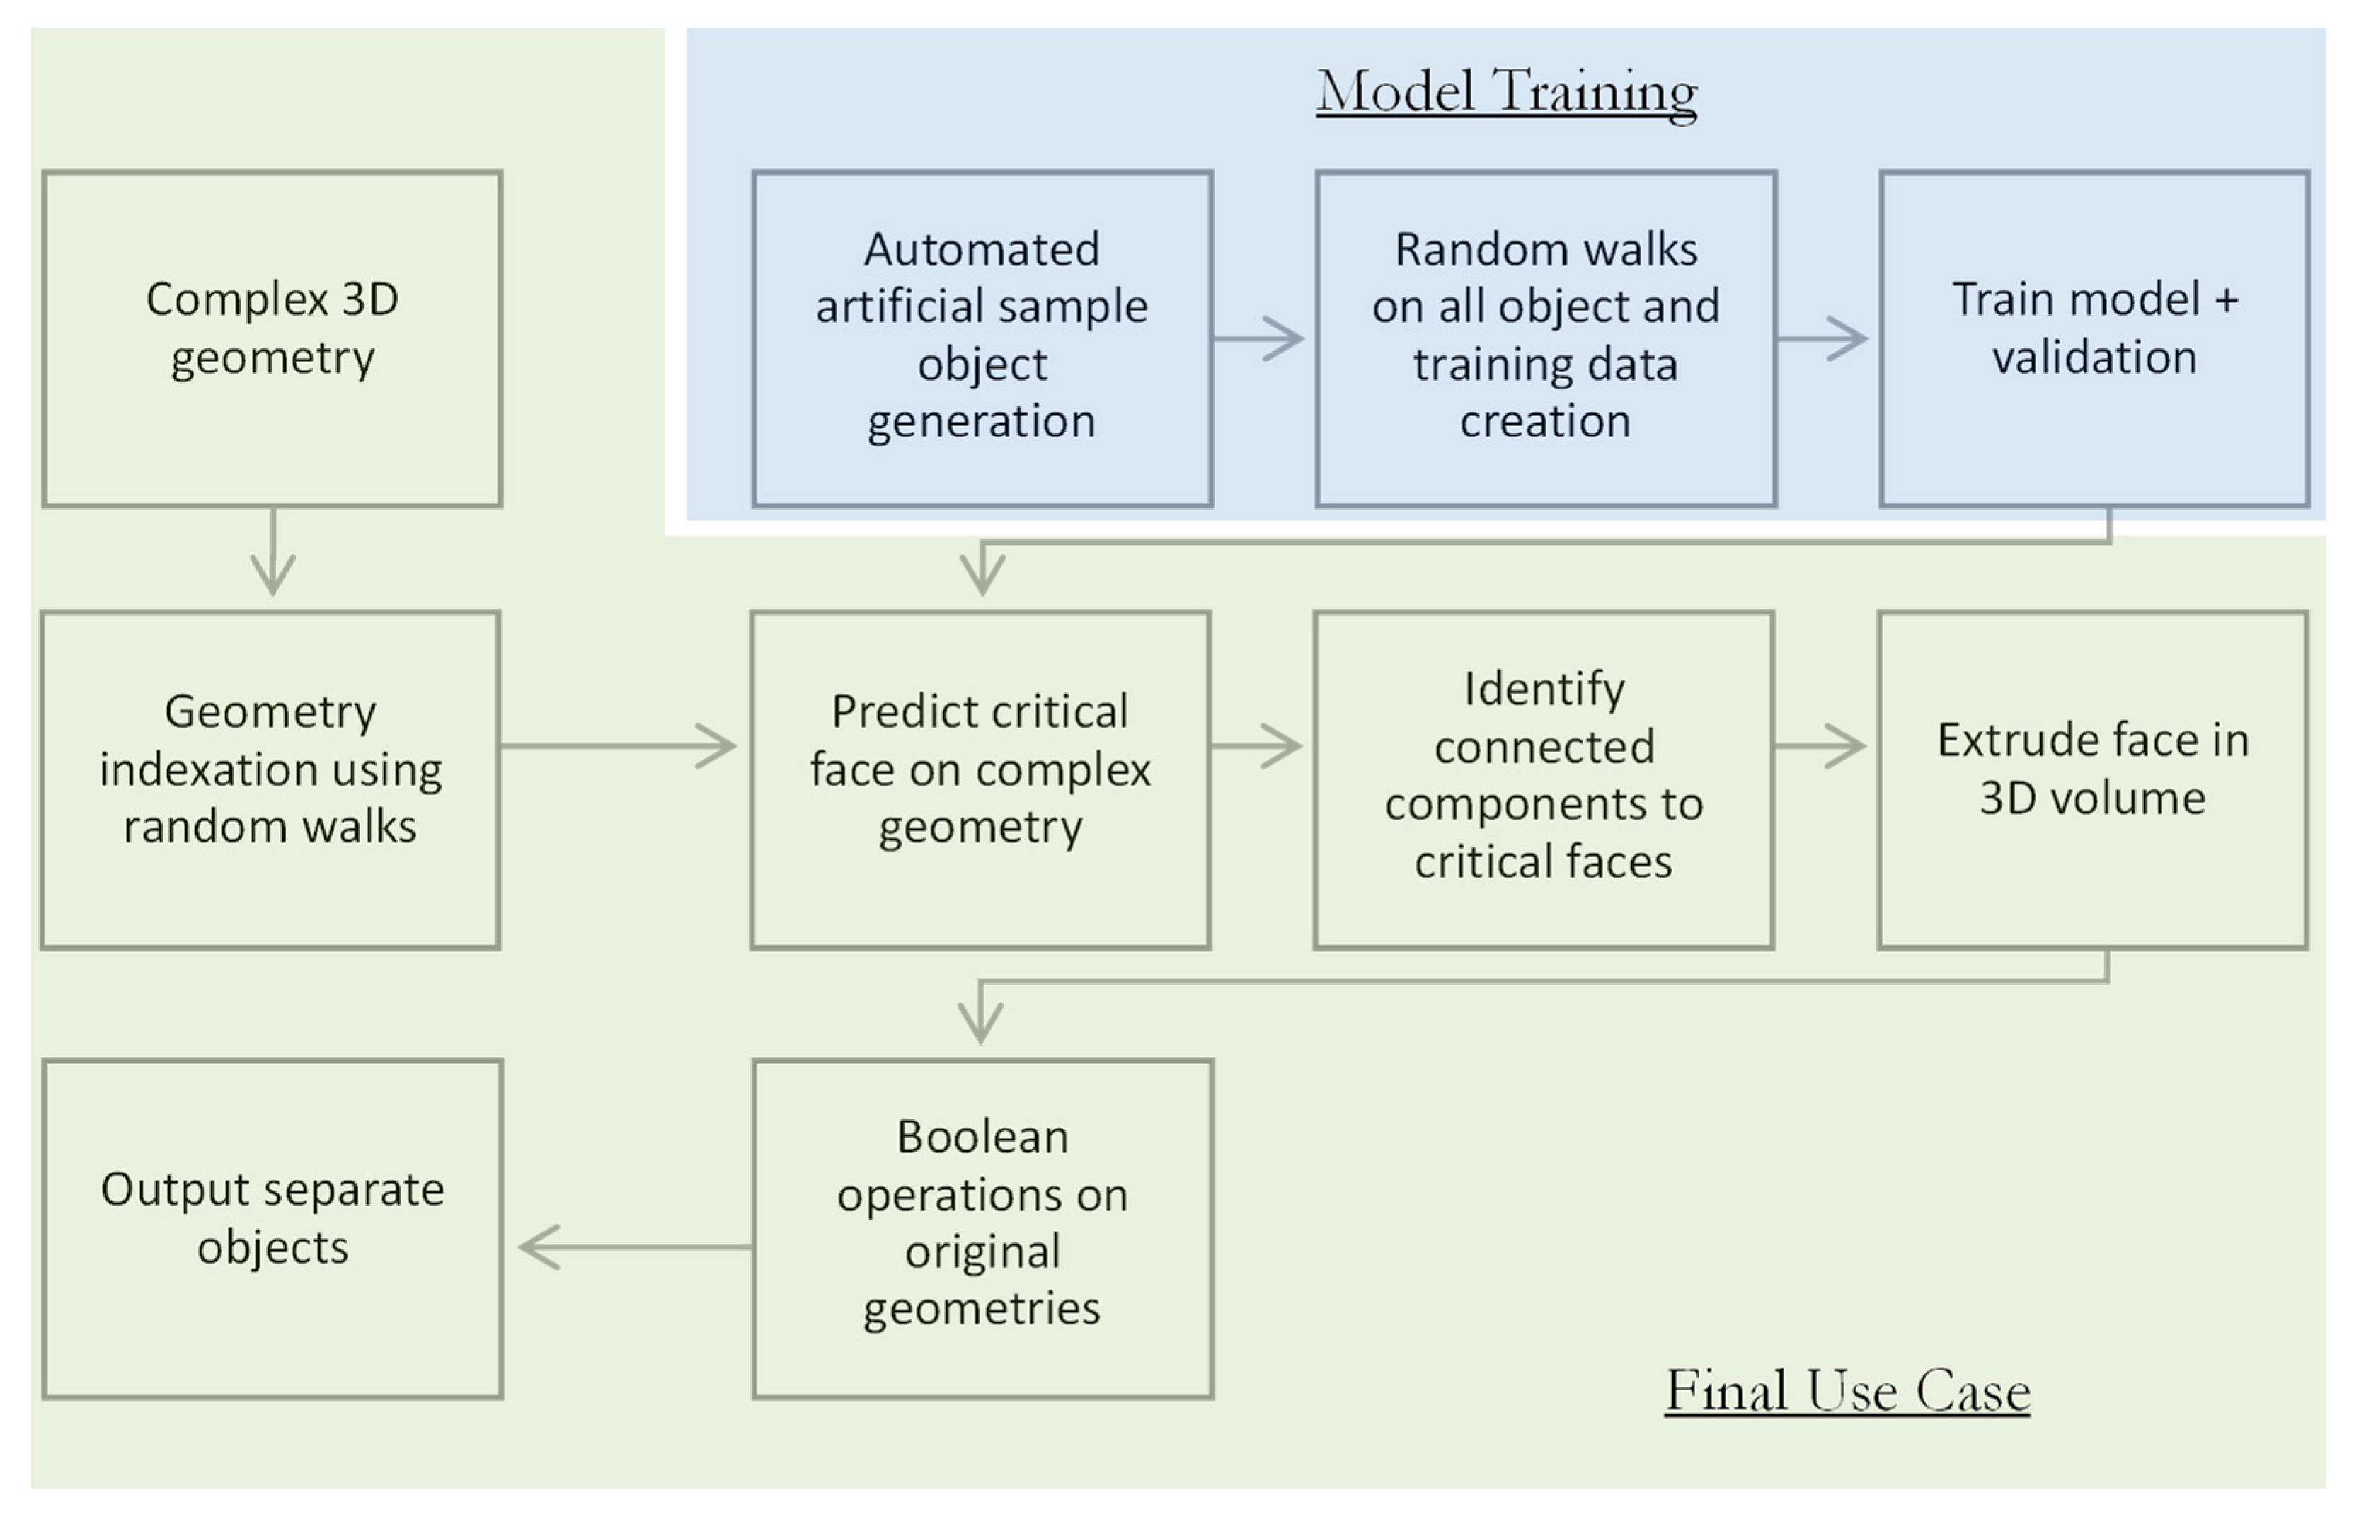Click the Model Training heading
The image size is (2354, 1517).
click(x=1506, y=91)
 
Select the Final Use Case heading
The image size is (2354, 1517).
click(x=1847, y=1391)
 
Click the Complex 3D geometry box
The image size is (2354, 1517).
click(x=272, y=339)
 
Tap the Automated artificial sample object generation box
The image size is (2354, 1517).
click(x=982, y=339)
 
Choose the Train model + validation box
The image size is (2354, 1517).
click(x=2094, y=339)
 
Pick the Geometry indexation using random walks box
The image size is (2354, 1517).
click(x=271, y=779)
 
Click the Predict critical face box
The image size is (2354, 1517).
click(x=980, y=779)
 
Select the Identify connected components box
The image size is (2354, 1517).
click(x=1544, y=779)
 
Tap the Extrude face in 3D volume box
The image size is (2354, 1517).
click(x=2093, y=779)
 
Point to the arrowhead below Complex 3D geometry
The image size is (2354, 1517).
click(x=272, y=576)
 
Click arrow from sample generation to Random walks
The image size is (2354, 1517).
click(x=1261, y=339)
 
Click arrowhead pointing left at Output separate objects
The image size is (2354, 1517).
click(x=536, y=1247)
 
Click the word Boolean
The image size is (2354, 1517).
click(x=982, y=1138)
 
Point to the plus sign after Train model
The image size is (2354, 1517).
click(x=2226, y=299)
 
